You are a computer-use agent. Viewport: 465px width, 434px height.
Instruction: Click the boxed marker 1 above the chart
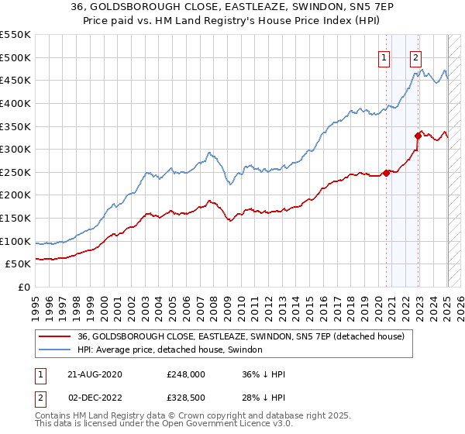coord(384,57)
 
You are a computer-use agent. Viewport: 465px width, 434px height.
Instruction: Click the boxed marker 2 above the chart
coord(416,57)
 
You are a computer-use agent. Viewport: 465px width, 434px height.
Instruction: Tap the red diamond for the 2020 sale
coord(386,173)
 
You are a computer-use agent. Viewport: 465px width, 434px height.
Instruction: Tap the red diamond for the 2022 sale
coord(418,136)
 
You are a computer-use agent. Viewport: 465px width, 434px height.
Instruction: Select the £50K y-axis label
coord(19,264)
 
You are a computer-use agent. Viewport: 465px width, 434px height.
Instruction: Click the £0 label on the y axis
coord(24,288)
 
